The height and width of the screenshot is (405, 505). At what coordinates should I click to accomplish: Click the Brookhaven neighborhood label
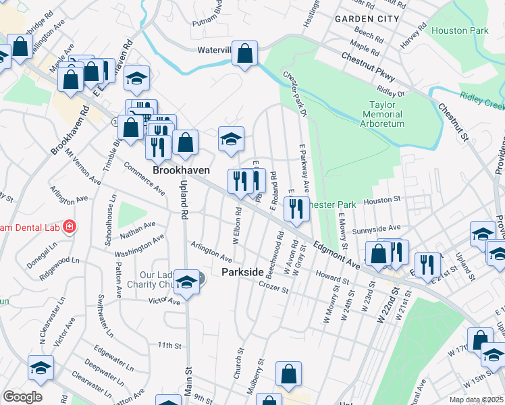tap(180, 171)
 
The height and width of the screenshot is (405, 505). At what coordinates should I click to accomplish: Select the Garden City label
tap(367, 19)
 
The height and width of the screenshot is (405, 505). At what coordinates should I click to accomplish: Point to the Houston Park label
tap(460, 31)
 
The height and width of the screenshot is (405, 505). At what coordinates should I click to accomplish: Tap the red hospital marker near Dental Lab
tap(68, 227)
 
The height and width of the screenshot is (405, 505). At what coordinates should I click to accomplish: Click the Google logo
tap(22, 397)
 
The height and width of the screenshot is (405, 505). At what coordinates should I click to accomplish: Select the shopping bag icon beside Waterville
tap(244, 53)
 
